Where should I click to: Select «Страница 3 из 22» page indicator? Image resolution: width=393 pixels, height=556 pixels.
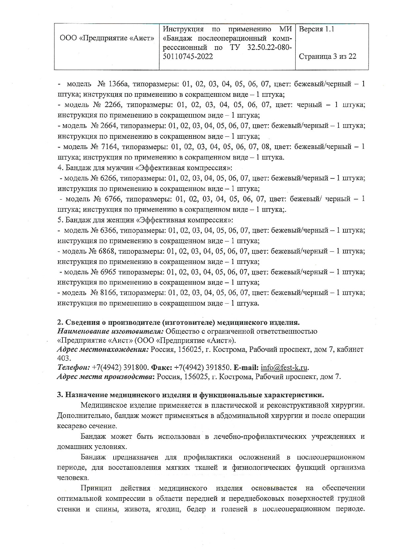coord(328,56)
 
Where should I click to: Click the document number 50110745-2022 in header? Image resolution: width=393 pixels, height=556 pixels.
coord(188,57)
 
